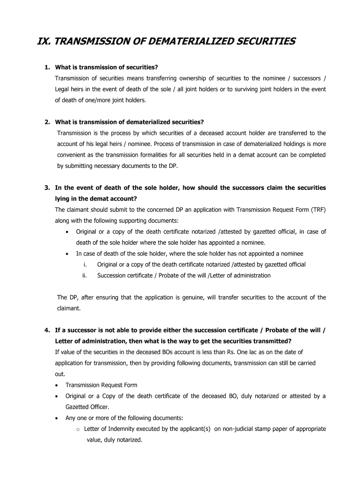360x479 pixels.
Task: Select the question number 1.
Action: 47,67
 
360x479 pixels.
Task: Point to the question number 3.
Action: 47,188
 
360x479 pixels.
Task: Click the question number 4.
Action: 47,330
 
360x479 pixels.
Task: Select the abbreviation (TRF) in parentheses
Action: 317,210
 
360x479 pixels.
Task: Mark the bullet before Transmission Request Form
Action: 57,385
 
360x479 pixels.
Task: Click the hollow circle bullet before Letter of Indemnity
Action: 78,429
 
